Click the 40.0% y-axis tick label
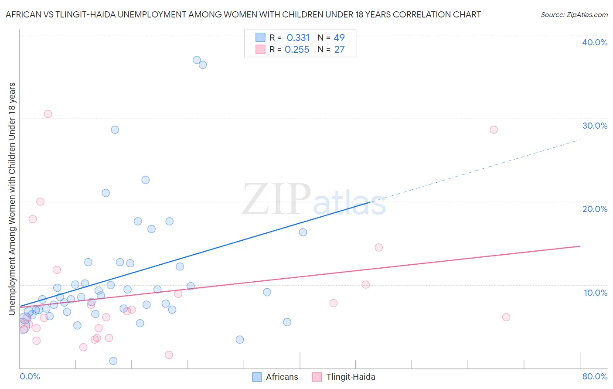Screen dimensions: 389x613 coord(595,42)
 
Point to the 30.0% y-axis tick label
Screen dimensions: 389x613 coord(595,126)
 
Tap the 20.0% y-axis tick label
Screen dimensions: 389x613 coord(595,209)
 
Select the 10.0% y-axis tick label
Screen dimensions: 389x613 coord(596,293)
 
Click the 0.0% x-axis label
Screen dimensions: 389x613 coord(30,376)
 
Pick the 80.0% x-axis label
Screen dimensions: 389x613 coord(595,376)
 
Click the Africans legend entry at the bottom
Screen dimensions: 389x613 coord(276,377)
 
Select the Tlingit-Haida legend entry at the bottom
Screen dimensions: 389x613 coord(344,377)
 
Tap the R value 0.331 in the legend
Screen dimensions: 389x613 coord(298,38)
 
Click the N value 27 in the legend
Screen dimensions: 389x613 coord(339,50)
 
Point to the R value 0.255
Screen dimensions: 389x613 coord(297,50)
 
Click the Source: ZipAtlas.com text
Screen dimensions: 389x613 coord(574,15)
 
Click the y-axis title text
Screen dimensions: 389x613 coord(12,198)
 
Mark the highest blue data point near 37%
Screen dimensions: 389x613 coord(197,60)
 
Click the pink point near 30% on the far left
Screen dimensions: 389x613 coord(48,114)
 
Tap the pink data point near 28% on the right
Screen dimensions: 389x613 coord(494,130)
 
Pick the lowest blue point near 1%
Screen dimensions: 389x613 coord(113,361)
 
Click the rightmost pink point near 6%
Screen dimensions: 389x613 coord(506,317)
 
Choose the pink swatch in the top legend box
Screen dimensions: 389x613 coord(260,49)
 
